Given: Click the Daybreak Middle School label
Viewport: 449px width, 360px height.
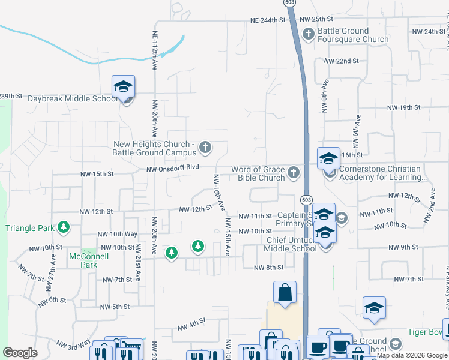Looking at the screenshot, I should coord(73,99).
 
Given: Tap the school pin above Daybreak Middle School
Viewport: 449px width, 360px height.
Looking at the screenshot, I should coord(123,87).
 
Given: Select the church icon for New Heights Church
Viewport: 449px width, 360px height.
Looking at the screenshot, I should coord(205,146).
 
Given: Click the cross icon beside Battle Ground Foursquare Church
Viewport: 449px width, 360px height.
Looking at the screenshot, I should coord(308,33).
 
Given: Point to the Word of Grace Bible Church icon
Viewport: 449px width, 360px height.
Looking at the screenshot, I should coord(294,173).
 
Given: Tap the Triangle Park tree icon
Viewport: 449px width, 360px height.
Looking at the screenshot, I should coord(63,227).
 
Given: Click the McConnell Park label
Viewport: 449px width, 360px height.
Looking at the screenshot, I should coord(83,260).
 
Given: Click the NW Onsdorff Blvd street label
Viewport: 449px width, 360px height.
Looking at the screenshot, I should coord(172,169).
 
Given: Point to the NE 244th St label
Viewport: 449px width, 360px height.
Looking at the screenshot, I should coord(267,20).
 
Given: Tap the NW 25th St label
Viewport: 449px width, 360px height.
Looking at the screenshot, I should coord(316,19).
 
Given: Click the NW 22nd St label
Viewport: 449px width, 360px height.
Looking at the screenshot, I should coord(341,61).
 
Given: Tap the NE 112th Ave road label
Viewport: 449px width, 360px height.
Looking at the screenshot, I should coord(154,51).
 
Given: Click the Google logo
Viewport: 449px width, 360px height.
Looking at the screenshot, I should coord(20,353).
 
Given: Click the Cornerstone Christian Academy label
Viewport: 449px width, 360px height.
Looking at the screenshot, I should coord(382,173).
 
